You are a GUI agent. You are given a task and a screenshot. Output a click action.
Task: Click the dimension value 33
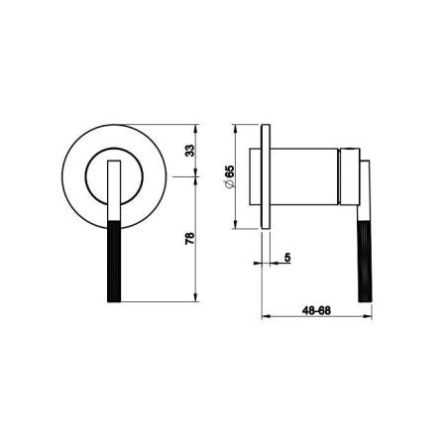coord(189,151)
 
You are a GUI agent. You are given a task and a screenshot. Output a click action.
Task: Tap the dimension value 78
coord(189,239)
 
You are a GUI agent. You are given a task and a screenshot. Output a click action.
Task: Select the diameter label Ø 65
coord(229,176)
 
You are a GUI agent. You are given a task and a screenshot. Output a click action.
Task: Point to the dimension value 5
coord(287,257)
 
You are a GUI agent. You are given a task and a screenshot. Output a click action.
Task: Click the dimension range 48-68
coord(316,310)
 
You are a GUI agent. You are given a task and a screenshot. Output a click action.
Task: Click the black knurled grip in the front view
coord(114,261)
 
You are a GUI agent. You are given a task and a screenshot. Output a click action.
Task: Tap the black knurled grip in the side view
coord(365,261)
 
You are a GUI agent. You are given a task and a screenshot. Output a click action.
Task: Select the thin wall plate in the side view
coord(266,176)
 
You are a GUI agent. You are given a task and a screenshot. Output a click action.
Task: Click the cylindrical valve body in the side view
coord(304,176)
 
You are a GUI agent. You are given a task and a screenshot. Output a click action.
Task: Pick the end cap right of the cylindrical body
coord(349,176)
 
